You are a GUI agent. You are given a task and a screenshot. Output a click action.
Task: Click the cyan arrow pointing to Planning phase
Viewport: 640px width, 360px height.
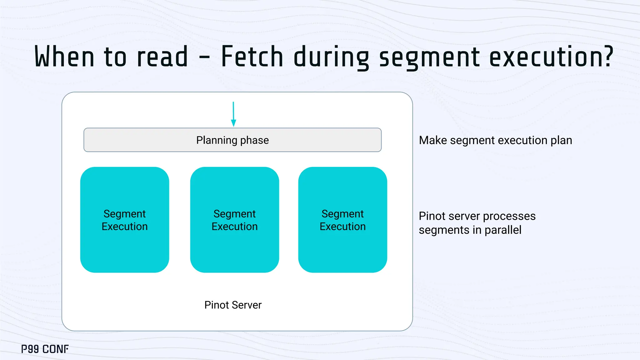(x=233, y=114)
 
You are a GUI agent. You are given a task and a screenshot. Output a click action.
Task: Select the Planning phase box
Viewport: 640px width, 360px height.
(x=232, y=140)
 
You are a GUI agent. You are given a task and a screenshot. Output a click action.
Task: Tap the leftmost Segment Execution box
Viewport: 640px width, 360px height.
(x=125, y=220)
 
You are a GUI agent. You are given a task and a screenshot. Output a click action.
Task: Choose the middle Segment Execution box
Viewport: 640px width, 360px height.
(x=235, y=220)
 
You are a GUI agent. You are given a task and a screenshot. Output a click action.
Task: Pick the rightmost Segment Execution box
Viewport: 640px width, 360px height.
(x=342, y=220)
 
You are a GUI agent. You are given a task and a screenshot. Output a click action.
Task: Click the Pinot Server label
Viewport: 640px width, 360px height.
(x=233, y=305)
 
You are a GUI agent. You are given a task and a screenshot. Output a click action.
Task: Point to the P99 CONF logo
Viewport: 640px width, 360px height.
(x=45, y=349)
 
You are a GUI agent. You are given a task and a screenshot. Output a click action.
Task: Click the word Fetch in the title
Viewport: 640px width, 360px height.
(x=252, y=57)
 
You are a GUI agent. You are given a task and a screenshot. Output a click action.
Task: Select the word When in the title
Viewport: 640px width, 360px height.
(x=64, y=57)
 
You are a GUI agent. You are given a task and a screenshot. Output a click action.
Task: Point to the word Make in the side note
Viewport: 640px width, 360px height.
(x=433, y=140)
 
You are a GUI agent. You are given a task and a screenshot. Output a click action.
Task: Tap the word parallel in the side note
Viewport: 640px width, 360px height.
(x=503, y=230)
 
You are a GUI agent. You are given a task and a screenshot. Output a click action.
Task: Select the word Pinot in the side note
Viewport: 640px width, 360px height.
(x=432, y=216)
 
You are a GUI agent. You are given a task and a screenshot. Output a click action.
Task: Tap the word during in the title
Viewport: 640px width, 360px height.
(x=331, y=57)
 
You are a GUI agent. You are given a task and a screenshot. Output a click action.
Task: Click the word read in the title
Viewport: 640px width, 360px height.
(x=162, y=57)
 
